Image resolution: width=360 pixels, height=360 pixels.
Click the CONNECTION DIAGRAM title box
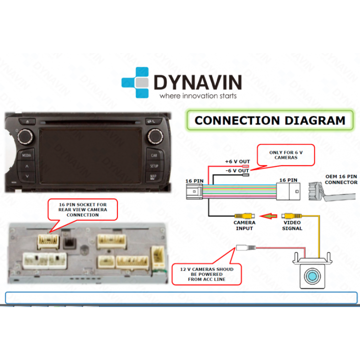click(270, 120)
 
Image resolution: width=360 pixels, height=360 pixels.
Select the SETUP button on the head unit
click(154, 165)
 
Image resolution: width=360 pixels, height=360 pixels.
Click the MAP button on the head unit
click(154, 176)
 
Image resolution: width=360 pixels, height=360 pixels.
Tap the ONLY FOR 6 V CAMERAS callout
click(285, 154)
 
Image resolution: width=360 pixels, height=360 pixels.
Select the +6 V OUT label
click(236, 161)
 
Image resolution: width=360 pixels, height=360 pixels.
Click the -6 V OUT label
click(236, 171)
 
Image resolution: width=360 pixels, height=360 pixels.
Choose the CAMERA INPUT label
click(244, 225)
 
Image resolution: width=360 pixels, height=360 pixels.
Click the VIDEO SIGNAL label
click(292, 225)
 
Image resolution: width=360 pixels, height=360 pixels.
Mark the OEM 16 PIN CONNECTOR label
click(341, 179)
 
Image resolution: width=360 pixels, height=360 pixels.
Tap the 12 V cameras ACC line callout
click(206, 273)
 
